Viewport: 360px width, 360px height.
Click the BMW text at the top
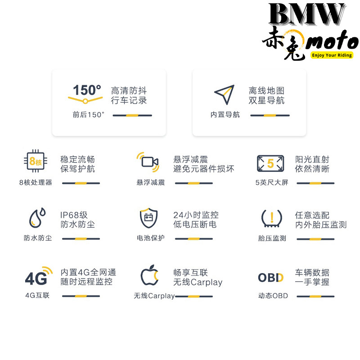tap(307, 14)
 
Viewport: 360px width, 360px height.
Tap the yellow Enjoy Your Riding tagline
tap(332, 55)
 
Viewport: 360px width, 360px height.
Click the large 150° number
tap(87, 90)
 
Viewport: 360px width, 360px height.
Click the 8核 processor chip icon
tap(36, 161)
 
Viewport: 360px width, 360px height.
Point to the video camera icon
tap(148, 162)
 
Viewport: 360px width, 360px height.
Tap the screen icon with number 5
tap(270, 163)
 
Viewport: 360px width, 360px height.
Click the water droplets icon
tap(37, 218)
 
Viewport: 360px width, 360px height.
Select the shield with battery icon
tap(149, 218)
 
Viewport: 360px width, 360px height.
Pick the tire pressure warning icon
tap(272, 218)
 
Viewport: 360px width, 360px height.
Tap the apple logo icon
tap(149, 275)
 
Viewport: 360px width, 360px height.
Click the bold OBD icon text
tap(271, 278)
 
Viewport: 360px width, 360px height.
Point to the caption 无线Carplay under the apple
tap(154, 296)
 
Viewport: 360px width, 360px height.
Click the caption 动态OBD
tap(273, 296)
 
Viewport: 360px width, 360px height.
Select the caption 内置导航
tap(225, 114)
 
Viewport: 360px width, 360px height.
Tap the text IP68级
tap(74, 215)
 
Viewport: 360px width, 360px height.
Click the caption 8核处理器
tap(36, 183)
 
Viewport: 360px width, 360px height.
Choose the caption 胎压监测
tap(272, 238)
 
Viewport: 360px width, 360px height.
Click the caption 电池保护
tap(151, 238)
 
